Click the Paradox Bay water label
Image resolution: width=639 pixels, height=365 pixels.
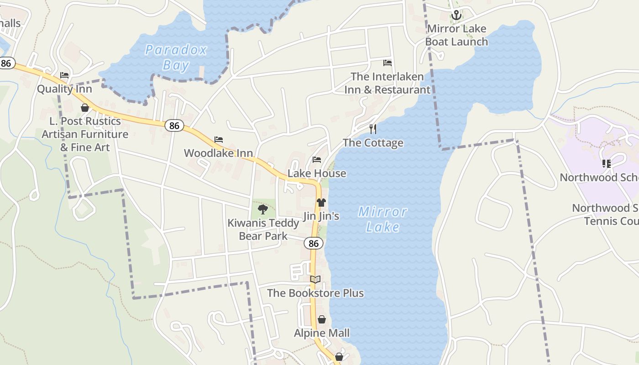point(176,57)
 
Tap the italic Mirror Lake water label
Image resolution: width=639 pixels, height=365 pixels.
point(382,219)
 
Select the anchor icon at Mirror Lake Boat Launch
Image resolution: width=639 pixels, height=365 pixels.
point(456,16)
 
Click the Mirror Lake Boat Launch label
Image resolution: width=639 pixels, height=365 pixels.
point(456,35)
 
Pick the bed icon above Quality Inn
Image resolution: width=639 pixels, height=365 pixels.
point(64,75)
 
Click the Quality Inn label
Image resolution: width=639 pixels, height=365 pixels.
point(64,89)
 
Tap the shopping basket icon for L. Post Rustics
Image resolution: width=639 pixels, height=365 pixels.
point(84,108)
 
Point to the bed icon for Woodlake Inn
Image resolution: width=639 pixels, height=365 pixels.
point(219,140)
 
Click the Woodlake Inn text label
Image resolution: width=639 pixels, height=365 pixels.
point(218,153)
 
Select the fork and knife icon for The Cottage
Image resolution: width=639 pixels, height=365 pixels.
point(373,129)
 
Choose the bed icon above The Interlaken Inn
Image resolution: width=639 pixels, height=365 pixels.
point(388,63)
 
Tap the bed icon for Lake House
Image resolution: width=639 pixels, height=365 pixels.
point(317,160)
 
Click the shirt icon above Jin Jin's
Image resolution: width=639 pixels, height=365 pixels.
point(321,202)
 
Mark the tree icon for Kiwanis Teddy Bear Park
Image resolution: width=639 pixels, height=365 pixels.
point(262,209)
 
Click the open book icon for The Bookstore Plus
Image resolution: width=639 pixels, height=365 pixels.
point(315,279)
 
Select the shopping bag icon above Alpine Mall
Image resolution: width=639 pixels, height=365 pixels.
point(322,319)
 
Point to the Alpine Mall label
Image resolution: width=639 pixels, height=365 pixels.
point(322,333)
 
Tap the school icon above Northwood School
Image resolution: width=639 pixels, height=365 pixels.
point(607,163)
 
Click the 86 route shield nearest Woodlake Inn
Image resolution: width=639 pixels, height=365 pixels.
point(174,125)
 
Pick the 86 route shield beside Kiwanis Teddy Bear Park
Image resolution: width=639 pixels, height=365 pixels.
point(314,243)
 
